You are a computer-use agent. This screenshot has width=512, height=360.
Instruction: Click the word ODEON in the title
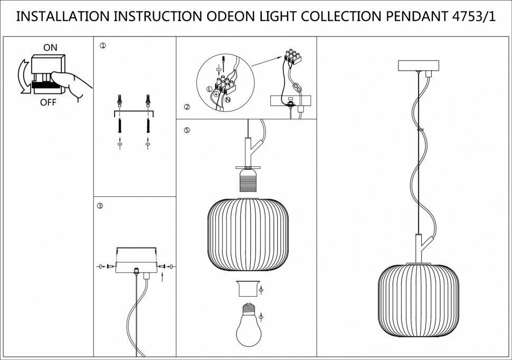tap(228, 16)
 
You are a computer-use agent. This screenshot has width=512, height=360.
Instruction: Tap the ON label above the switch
tap(51, 48)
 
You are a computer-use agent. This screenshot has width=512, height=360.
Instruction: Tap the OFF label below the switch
tap(48, 102)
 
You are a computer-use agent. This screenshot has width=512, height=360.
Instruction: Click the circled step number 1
tap(102, 46)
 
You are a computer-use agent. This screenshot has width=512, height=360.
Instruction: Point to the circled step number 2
tap(186, 107)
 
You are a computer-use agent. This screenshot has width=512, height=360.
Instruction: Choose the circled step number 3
tap(100, 205)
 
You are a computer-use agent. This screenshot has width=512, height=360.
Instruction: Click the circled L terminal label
tap(209, 90)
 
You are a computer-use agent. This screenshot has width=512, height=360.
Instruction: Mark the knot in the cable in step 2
tap(298, 88)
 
